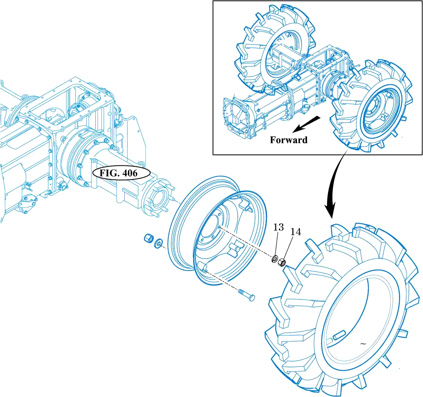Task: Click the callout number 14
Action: click(x=296, y=232)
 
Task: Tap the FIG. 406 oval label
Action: click(x=121, y=174)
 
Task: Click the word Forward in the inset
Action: click(x=288, y=140)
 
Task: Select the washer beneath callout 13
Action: click(x=276, y=259)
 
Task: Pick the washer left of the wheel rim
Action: click(x=159, y=243)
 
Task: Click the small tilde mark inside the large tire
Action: click(x=363, y=344)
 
